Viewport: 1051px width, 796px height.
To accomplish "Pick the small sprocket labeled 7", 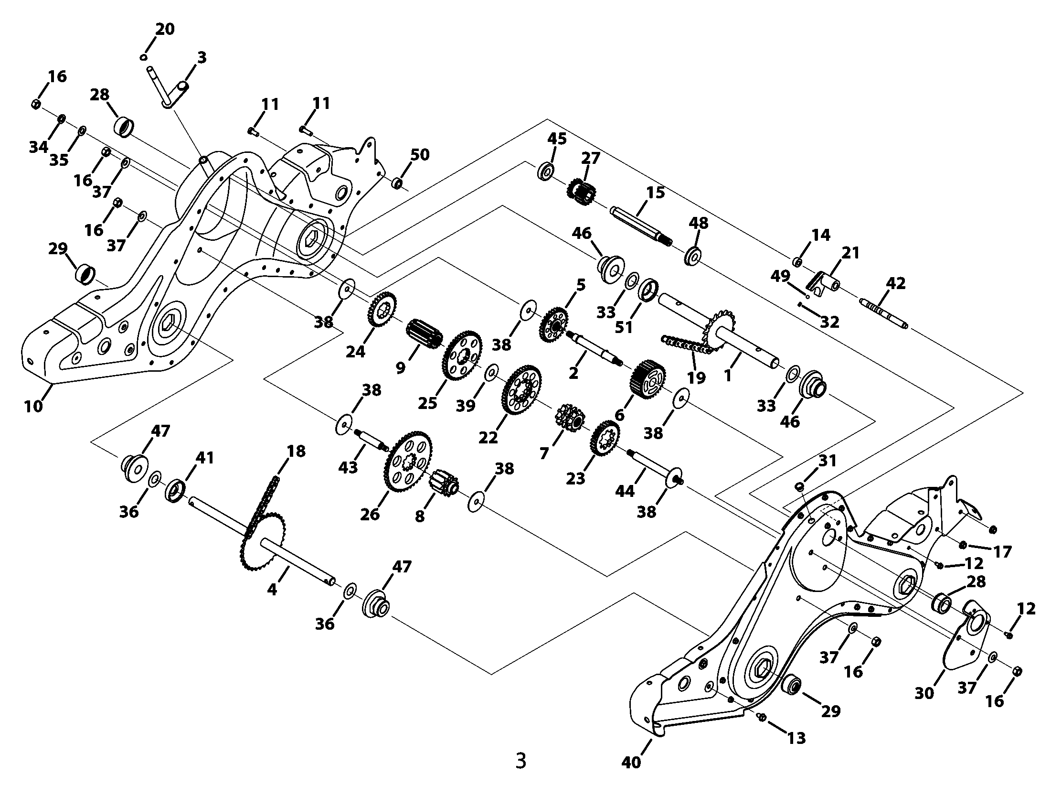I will (x=567, y=422).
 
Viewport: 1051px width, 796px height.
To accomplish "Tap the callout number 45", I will (x=556, y=139).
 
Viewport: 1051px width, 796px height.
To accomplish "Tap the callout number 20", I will (x=165, y=30).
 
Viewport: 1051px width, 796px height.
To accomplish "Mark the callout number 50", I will (x=420, y=155).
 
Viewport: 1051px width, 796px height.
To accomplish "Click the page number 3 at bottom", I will (x=520, y=761).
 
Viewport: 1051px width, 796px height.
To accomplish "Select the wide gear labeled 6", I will (x=648, y=378).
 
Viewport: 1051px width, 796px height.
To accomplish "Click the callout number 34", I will (x=38, y=147).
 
